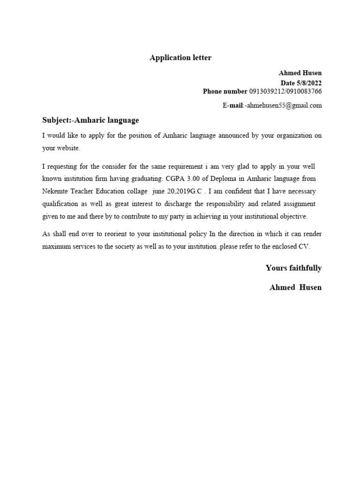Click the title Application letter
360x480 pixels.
pyautogui.click(x=180, y=58)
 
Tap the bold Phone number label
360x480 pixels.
pyautogui.click(x=225, y=91)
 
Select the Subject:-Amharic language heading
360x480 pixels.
pyautogui.click(x=90, y=120)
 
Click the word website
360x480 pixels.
pyautogui.click(x=68, y=148)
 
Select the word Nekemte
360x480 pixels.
pyautogui.click(x=56, y=191)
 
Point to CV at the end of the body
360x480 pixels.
pyautogui.click(x=304, y=246)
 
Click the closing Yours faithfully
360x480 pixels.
pyautogui.click(x=293, y=268)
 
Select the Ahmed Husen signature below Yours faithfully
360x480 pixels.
pyautogui.click(x=295, y=287)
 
